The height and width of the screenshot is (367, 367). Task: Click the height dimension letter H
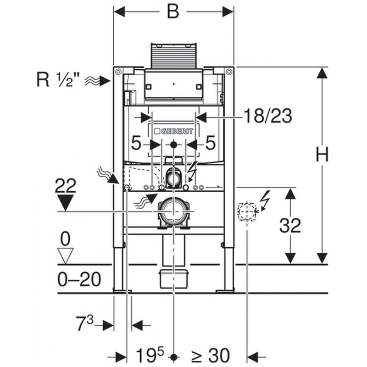click(322, 154)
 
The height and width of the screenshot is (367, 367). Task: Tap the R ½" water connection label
click(58, 79)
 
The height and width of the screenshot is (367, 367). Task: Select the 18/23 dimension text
click(268, 116)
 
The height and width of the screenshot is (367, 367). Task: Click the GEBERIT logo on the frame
click(174, 131)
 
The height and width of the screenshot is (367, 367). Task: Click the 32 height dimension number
click(290, 225)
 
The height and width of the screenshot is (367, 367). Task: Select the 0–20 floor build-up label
click(79, 279)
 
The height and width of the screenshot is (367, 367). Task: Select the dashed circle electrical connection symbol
click(247, 211)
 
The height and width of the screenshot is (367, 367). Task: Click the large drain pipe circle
click(173, 211)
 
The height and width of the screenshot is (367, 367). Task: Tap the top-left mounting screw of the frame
click(118, 72)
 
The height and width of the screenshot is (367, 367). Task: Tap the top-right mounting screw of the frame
click(229, 72)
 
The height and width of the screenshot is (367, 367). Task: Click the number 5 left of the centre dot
click(136, 143)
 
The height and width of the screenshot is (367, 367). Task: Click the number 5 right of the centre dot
click(211, 143)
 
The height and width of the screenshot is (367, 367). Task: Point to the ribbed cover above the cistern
click(173, 56)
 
